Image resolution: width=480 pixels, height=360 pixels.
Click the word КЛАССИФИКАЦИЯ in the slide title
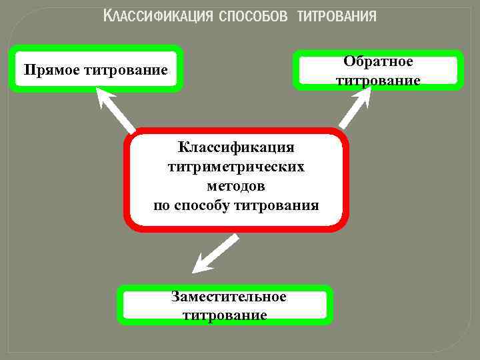click(158, 17)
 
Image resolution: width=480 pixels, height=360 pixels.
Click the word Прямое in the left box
click(51, 69)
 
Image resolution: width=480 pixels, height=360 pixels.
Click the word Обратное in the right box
click(378, 61)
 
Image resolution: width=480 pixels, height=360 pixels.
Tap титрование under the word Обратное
click(378, 81)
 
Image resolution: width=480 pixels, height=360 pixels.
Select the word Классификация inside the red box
click(236, 147)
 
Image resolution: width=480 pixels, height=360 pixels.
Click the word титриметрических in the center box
click(236, 166)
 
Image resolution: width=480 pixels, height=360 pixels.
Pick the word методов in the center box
click(236, 185)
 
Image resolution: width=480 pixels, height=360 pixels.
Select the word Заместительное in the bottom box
click(229, 296)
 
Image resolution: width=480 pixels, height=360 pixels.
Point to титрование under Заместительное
click(225, 314)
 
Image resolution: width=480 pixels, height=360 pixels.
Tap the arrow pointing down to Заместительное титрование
click(215, 254)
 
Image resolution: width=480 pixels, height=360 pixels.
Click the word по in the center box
click(161, 205)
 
